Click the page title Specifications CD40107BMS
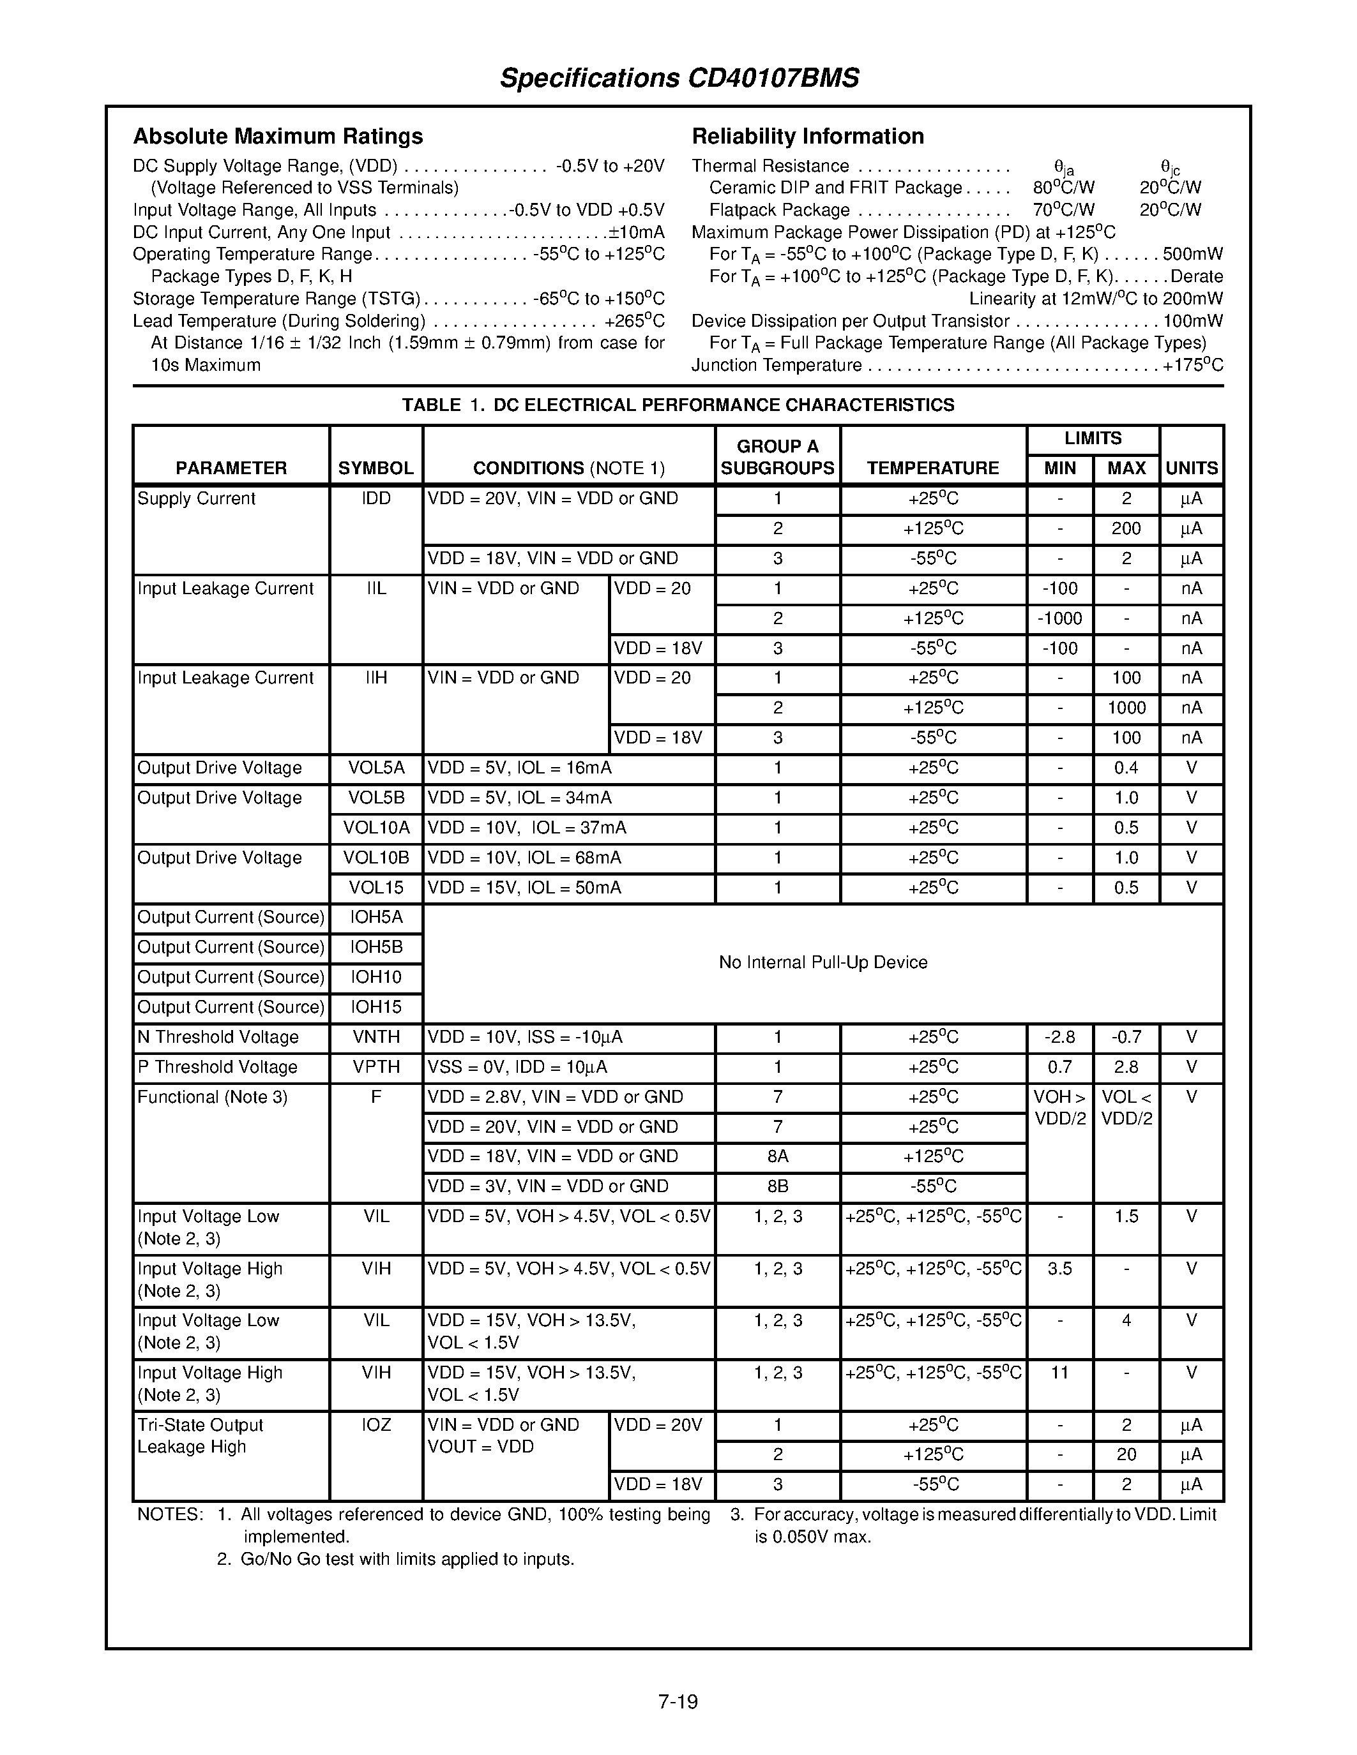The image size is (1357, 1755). tap(679, 78)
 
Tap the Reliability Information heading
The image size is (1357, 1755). tap(807, 136)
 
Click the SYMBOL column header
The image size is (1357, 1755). tap(375, 468)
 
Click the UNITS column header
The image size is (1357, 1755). tap(1192, 468)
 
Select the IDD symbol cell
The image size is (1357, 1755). tap(375, 498)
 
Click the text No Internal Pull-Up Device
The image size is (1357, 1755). tap(823, 962)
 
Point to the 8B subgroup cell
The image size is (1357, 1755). tap(777, 1186)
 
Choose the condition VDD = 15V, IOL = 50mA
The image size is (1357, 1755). tap(524, 887)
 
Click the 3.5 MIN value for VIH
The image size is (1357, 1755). tap(1059, 1268)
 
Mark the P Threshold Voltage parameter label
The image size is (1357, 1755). tap(217, 1067)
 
